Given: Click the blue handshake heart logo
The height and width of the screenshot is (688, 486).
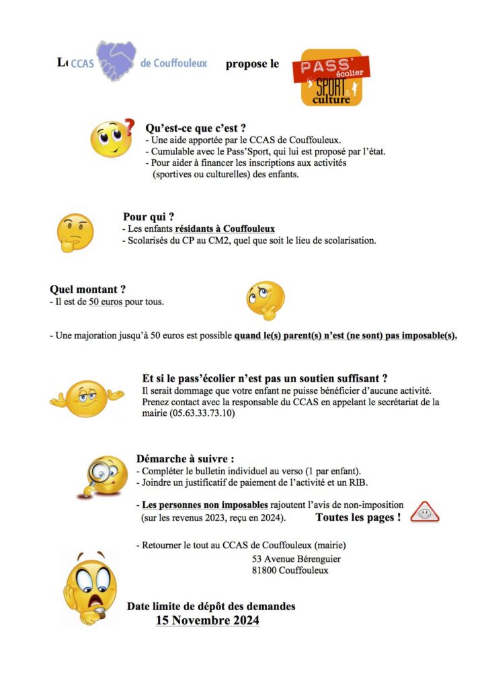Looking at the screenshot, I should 116,61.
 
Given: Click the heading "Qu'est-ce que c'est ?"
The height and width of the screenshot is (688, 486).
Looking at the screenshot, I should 195,128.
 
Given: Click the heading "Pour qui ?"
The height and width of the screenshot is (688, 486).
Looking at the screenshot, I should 149,216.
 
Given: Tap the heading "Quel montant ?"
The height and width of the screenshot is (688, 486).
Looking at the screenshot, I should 87,290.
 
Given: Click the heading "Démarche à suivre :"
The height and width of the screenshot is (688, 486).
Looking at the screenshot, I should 185,459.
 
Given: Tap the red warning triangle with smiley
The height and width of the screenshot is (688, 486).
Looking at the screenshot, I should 423,513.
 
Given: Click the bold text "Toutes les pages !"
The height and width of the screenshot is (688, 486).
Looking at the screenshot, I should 358,517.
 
